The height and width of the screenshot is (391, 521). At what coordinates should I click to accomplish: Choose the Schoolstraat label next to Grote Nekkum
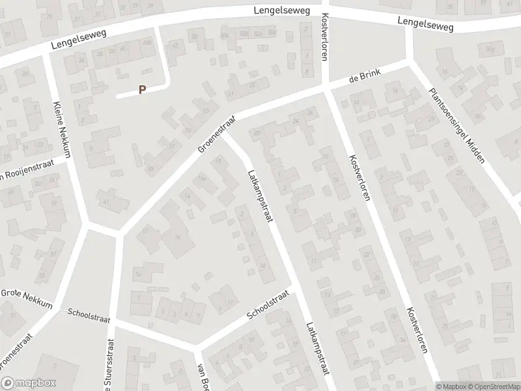pyautogui.click(x=89, y=315)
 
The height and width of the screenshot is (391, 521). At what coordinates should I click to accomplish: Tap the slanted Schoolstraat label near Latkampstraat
pyautogui.click(x=267, y=305)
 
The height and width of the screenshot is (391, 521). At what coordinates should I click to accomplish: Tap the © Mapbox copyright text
pyautogui.click(x=451, y=386)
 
